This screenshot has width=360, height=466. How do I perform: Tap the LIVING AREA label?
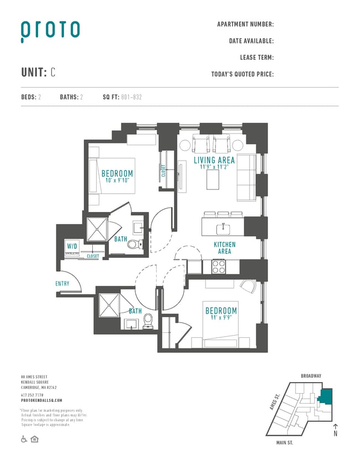tap(214, 161)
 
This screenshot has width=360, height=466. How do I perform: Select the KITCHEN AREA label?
tap(225, 248)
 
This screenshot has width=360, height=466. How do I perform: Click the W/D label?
tap(72, 246)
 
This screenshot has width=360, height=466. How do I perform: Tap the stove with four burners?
tap(219, 266)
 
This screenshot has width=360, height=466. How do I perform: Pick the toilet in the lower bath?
tap(147, 320)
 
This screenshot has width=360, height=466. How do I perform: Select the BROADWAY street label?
tap(311, 376)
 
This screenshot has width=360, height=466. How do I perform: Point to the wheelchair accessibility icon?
tap(24, 439)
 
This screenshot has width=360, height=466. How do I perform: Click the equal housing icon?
tap(35, 439)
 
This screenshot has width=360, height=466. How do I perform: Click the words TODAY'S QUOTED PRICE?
tap(242, 74)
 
